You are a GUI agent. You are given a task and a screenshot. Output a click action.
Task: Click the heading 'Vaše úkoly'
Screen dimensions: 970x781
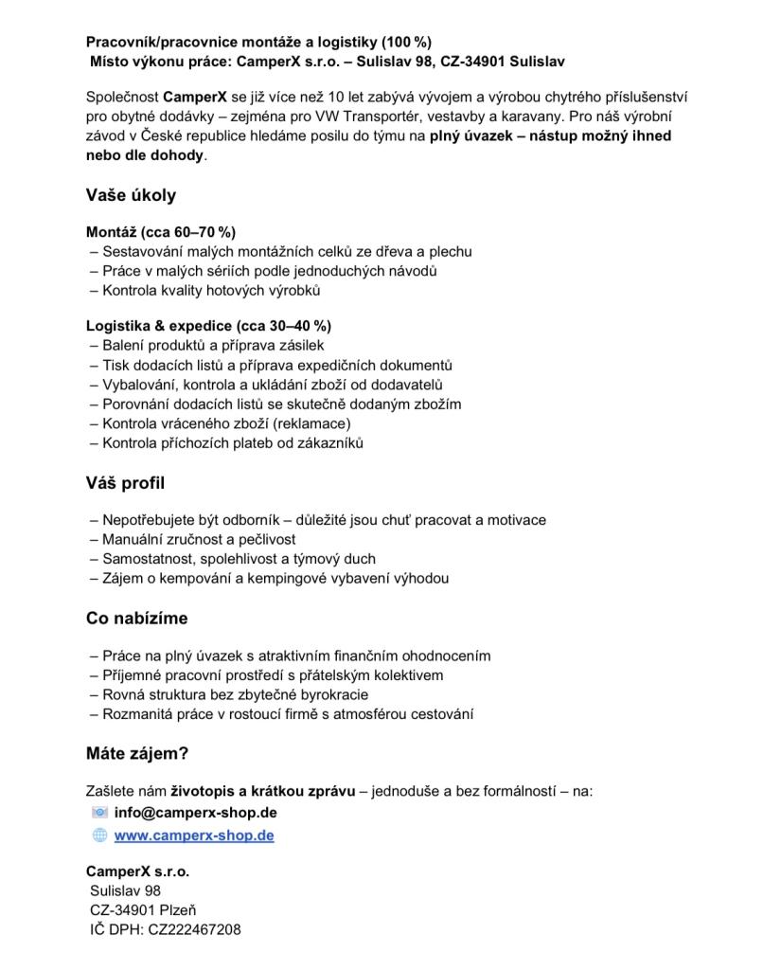[x=131, y=196]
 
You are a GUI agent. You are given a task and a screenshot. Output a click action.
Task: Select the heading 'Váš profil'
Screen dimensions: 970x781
[x=125, y=483]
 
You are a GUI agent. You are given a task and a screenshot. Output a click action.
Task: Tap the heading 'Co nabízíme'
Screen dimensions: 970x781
[x=136, y=619]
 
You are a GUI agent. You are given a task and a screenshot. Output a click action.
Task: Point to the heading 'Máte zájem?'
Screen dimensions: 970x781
[x=137, y=754]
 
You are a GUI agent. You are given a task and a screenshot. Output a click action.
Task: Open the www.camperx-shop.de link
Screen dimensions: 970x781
[x=194, y=835]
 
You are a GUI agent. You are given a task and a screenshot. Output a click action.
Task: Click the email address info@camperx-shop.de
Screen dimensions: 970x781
[x=195, y=813]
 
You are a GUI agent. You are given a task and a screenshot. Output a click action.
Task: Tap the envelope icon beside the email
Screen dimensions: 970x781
[x=99, y=813]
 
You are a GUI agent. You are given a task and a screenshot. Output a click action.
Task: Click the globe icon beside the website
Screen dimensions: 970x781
[x=99, y=835]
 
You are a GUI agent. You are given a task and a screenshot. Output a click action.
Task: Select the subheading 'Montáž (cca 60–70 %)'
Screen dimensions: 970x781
[x=161, y=232]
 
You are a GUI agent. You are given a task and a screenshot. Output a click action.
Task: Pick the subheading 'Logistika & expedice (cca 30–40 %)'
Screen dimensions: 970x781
[x=208, y=326]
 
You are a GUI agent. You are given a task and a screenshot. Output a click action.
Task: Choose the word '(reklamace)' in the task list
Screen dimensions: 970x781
[x=311, y=423]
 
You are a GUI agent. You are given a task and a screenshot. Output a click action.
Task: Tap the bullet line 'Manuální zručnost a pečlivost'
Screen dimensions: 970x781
[x=199, y=539]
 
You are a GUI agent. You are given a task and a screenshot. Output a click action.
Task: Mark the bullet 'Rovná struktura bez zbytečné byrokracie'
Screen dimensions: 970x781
[x=235, y=694]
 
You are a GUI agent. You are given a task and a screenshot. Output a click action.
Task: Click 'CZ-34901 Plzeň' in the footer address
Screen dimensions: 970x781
[x=143, y=910]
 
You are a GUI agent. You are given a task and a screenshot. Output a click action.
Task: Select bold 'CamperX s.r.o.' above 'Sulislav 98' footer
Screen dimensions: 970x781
[x=137, y=871]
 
